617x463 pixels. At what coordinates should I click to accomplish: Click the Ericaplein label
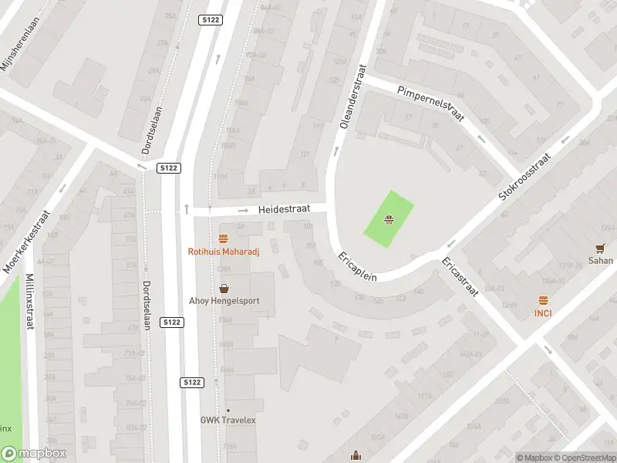click(356, 266)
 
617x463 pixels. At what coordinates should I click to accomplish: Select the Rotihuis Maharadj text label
click(224, 251)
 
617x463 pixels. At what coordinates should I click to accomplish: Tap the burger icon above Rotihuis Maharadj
click(224, 238)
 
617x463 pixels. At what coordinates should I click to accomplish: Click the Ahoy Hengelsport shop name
click(224, 300)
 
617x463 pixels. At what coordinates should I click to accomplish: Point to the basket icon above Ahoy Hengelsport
click(224, 288)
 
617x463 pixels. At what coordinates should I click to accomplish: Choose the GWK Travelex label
click(228, 420)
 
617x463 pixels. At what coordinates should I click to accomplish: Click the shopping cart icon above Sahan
click(600, 248)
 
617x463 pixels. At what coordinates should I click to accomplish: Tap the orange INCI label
click(543, 313)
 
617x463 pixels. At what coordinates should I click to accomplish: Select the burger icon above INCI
click(543, 300)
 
